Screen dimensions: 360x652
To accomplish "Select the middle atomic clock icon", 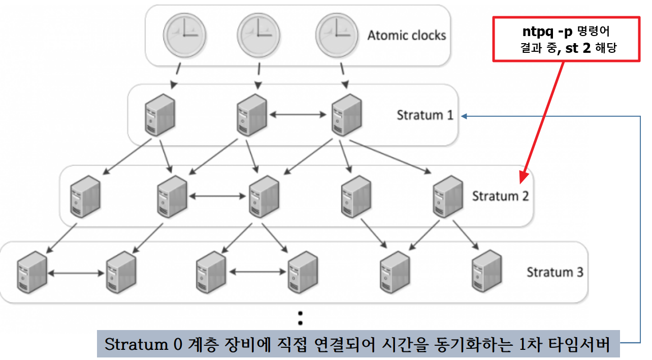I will [258, 34].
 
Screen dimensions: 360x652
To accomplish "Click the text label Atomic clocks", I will [407, 36].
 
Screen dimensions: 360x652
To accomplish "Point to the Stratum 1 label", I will [425, 115].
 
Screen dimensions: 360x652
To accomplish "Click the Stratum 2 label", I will [500, 196].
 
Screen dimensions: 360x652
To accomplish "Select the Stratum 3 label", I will [555, 272].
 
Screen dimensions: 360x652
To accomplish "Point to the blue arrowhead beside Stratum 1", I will [465, 116].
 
